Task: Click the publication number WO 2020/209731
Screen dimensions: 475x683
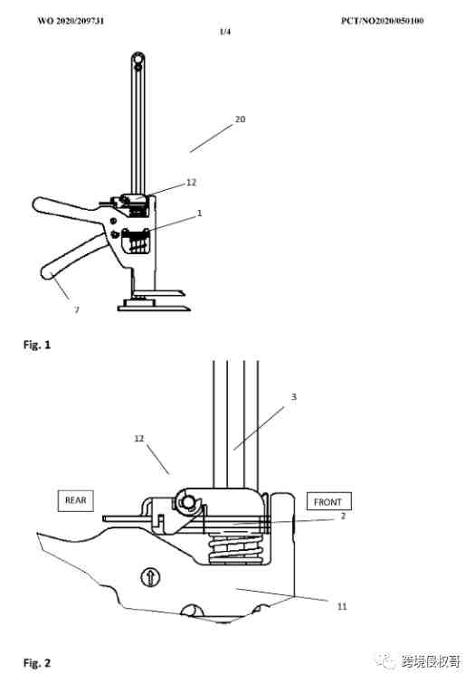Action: point(71,21)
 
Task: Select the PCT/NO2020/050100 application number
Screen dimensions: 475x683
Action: point(382,21)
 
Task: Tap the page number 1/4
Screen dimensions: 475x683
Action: point(225,32)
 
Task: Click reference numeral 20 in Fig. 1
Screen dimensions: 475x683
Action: point(240,119)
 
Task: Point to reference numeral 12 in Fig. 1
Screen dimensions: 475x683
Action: point(191,182)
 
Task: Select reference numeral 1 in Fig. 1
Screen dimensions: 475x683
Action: point(200,213)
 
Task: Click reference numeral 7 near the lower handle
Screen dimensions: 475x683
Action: point(77,309)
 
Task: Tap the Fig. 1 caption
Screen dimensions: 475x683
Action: point(37,345)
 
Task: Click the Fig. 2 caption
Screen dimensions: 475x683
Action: point(37,663)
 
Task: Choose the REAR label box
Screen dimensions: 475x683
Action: point(75,500)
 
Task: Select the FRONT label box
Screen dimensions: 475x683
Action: point(328,502)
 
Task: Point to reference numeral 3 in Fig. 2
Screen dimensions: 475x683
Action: point(294,397)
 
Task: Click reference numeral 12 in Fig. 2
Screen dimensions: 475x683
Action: point(139,438)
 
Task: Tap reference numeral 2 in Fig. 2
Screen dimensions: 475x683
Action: point(343,517)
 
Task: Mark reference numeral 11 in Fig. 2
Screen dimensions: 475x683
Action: point(342,606)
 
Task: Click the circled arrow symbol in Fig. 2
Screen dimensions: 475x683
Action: point(150,577)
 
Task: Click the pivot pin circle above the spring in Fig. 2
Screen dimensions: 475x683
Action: point(188,502)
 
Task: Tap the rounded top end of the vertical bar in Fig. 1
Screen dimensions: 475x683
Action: point(138,59)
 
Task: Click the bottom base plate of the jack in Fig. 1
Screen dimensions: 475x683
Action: point(155,308)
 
